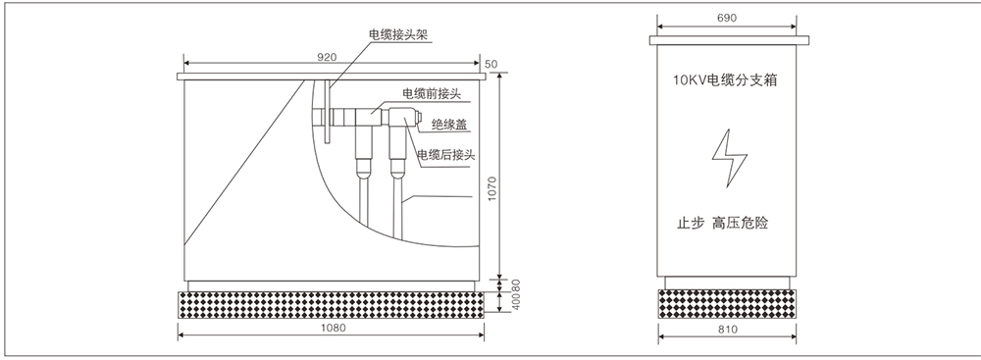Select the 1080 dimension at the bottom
334,329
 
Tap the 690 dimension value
727,19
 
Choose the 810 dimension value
727,329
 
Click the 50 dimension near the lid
491,64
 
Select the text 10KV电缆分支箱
727,81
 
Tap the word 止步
691,223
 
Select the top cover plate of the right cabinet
727,39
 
